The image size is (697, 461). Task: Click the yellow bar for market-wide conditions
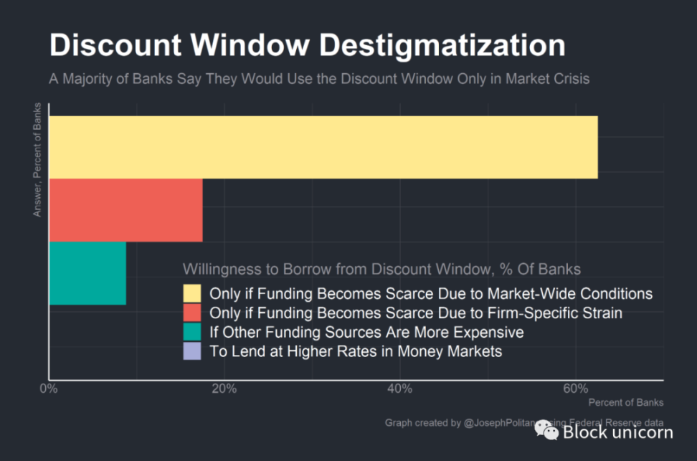point(323,147)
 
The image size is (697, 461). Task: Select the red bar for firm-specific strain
point(125,210)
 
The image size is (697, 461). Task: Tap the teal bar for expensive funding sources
point(87,273)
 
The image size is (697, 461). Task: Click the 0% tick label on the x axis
point(49,389)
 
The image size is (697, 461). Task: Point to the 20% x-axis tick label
point(224,389)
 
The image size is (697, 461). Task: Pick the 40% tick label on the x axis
point(399,389)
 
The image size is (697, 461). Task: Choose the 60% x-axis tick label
point(575,389)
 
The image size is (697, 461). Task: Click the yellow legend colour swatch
point(192,294)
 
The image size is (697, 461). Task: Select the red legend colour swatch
point(192,313)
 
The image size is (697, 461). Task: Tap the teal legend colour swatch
point(192,333)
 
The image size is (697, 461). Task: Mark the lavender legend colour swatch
point(192,352)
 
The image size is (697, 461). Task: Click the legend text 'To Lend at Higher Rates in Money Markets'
point(356,352)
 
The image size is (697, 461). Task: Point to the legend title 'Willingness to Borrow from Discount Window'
point(381,270)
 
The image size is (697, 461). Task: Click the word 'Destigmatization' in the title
point(442,46)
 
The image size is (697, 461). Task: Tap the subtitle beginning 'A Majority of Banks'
point(319,79)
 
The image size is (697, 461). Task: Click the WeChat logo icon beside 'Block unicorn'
point(547,430)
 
